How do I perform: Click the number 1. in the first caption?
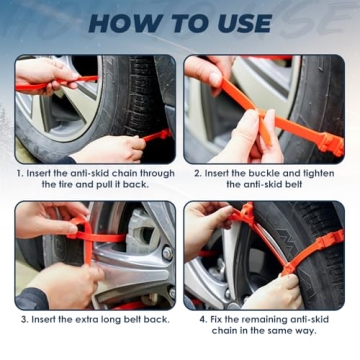tap(20, 172)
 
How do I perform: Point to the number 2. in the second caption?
tap(195, 172)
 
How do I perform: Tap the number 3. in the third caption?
tap(25, 319)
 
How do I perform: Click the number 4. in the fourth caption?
tap(201, 319)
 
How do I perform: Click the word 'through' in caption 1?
tap(155, 172)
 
